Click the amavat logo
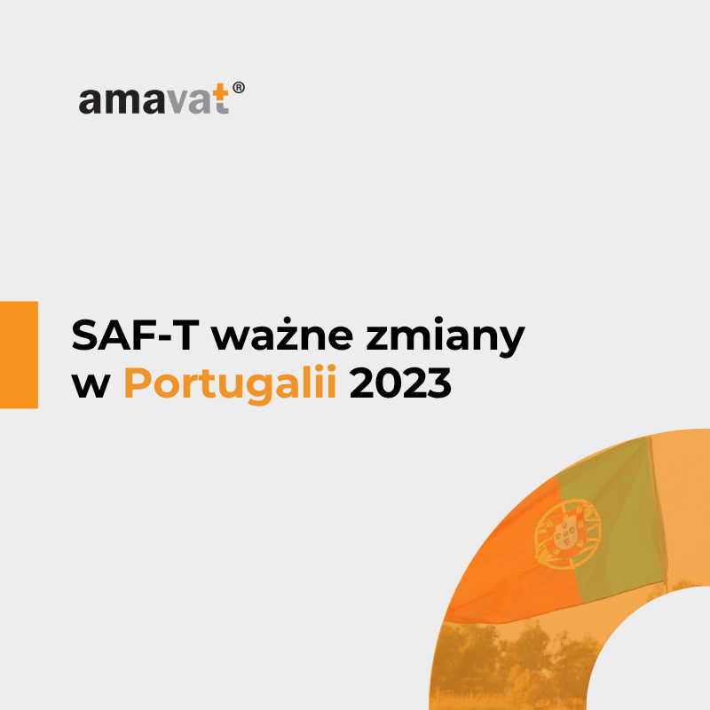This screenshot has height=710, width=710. pos(162,98)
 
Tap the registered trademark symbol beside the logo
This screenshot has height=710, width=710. pos(239,87)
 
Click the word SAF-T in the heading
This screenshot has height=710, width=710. pos(136,335)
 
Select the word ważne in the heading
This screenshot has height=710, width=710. pos(282,335)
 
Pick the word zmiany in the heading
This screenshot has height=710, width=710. pos(446,338)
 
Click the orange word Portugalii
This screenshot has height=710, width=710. pos(230,384)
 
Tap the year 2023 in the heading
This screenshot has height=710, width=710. pos(401,383)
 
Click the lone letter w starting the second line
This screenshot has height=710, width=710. pos(91,387)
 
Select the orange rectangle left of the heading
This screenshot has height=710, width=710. pos(19,354)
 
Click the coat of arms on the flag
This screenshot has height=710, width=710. pos(568,534)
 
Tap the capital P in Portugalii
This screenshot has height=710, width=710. pos(138,383)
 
